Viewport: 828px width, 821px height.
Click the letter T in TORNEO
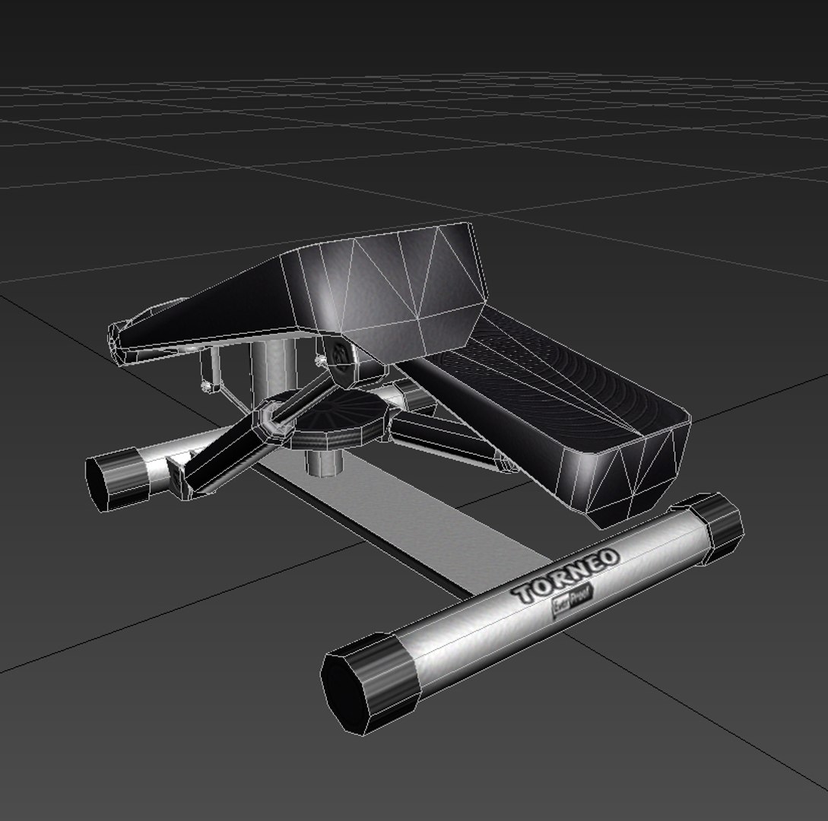pos(523,595)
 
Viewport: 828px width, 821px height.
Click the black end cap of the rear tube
pos(116,478)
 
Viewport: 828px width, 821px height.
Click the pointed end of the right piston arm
pos(506,463)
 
